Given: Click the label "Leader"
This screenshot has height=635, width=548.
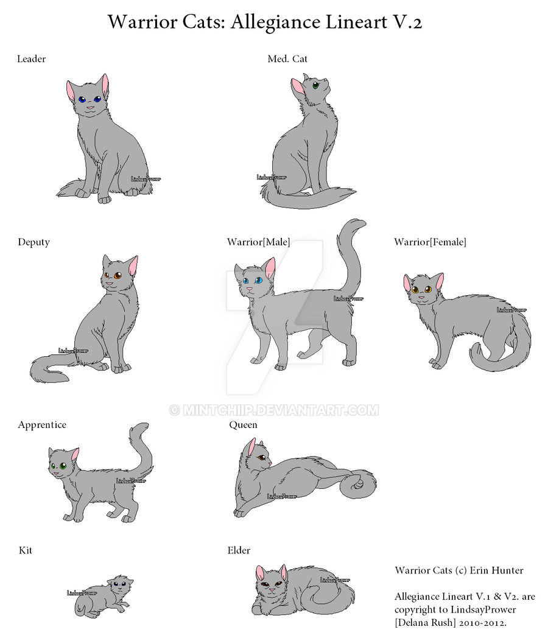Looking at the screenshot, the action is click(x=31, y=58).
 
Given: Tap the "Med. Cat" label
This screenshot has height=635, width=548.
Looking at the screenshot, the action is click(x=287, y=58).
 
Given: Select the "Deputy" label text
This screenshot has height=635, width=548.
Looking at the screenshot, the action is click(x=33, y=242).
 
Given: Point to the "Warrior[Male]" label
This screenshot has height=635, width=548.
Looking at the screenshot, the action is click(x=258, y=242).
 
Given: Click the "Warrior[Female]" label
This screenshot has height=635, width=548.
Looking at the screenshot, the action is click(x=430, y=242).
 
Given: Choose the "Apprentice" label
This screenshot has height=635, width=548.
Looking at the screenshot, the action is click(x=42, y=425).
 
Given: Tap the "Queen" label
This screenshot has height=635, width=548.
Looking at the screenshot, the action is click(x=243, y=425).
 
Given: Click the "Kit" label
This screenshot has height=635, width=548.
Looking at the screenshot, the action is click(x=25, y=550).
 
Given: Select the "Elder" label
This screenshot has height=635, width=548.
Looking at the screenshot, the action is click(x=239, y=550).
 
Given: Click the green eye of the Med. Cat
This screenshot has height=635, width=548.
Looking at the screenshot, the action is click(x=315, y=85).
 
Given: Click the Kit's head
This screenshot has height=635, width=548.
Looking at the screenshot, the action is click(x=120, y=585).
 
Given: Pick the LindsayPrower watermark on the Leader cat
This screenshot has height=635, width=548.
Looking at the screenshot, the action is click(x=146, y=179).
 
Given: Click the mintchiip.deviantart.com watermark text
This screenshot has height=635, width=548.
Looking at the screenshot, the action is click(x=274, y=410).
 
